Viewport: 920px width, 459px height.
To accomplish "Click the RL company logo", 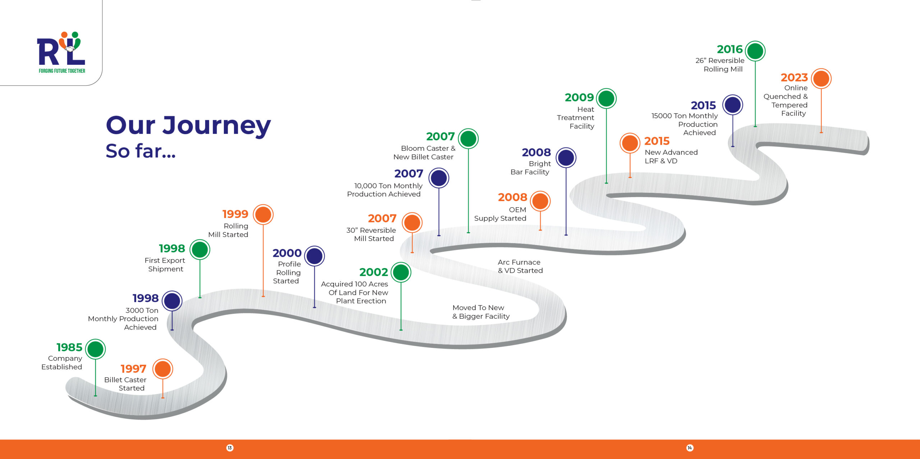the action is click(x=61, y=52).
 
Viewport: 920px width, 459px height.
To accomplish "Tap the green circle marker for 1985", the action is click(x=95, y=349).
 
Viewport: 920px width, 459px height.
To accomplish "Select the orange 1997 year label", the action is click(x=133, y=369).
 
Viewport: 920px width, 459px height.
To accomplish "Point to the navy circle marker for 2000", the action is click(x=314, y=256).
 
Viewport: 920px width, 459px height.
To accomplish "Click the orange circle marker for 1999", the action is click(x=263, y=214).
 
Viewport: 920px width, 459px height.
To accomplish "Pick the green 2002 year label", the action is click(x=373, y=272).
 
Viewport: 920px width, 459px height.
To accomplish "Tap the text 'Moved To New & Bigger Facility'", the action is click(x=481, y=312).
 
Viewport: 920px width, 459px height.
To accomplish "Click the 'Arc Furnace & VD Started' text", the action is click(x=520, y=266).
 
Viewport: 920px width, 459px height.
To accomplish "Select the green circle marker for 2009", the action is click(x=606, y=99).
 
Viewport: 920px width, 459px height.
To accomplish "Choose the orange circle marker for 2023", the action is click(x=821, y=78).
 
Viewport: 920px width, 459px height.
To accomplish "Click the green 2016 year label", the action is click(x=730, y=49).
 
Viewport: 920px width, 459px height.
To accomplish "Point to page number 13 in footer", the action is click(x=230, y=448).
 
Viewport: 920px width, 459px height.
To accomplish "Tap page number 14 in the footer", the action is click(x=689, y=448).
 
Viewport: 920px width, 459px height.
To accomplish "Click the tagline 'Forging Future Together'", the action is click(x=62, y=71).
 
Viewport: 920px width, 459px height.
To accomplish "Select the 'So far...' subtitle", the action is click(x=141, y=151).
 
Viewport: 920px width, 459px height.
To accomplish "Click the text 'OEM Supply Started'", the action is click(x=500, y=214).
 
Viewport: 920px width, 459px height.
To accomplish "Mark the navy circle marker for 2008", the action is click(x=566, y=158).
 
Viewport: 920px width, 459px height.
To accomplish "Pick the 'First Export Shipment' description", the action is click(x=165, y=265).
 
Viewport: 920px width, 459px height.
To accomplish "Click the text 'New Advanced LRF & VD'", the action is click(x=671, y=156).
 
